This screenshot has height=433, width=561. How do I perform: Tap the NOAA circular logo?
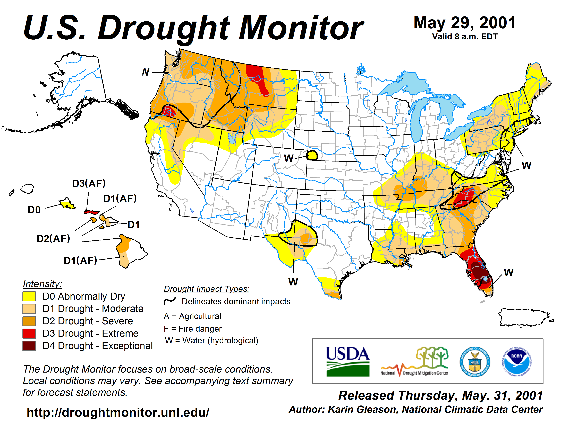pyautogui.click(x=517, y=362)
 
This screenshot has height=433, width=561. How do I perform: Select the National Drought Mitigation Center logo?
pyautogui.click(x=414, y=362)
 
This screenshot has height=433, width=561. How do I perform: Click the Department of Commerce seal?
pyautogui.click(x=475, y=362)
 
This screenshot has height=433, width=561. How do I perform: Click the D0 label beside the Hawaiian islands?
pyautogui.click(x=34, y=210)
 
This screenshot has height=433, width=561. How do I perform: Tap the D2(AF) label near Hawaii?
pyautogui.click(x=53, y=239)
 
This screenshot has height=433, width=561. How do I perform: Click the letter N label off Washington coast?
pyautogui.click(x=146, y=72)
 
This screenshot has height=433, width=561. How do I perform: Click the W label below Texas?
pyautogui.click(x=293, y=282)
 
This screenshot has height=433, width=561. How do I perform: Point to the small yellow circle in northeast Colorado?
pyautogui.click(x=312, y=155)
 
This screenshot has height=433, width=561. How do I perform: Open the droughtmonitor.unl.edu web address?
pyautogui.click(x=118, y=412)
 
